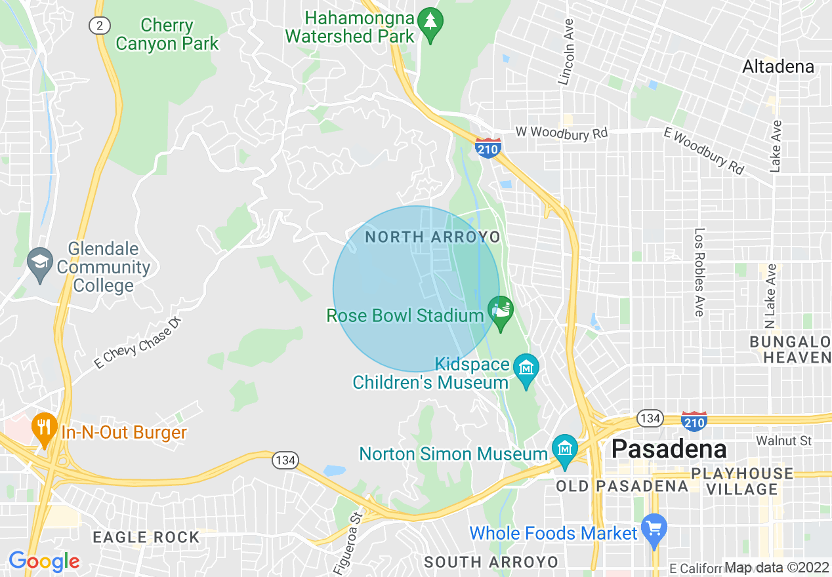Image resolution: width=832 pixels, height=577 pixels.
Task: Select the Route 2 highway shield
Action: click(x=98, y=25)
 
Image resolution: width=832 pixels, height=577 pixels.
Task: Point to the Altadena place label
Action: click(x=778, y=66)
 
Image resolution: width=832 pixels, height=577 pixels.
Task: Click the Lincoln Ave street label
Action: click(x=566, y=50)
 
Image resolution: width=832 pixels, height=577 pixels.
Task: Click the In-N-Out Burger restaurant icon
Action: click(x=44, y=429)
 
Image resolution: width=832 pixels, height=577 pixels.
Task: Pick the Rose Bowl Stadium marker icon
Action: click(x=501, y=310)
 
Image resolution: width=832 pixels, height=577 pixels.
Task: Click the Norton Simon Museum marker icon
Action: click(x=564, y=450)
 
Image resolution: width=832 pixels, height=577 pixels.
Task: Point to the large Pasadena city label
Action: click(x=669, y=449)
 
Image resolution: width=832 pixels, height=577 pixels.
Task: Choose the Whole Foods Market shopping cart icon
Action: click(x=654, y=528)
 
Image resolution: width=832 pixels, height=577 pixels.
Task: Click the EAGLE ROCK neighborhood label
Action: click(x=146, y=538)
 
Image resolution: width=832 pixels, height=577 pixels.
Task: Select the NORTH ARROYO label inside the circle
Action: click(x=432, y=237)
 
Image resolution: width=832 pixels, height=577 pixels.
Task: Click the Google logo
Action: click(x=43, y=561)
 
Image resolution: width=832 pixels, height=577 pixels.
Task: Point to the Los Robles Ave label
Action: click(x=699, y=272)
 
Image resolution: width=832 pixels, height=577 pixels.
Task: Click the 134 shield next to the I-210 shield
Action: click(x=650, y=418)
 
